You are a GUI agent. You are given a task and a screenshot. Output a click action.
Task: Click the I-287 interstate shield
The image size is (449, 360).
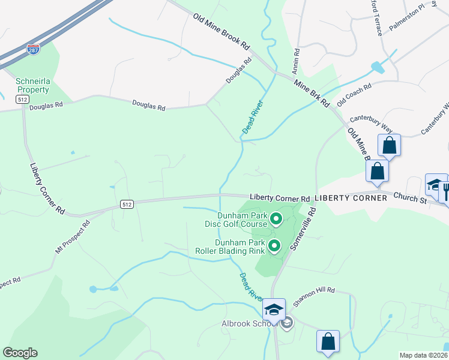click(x=34, y=50)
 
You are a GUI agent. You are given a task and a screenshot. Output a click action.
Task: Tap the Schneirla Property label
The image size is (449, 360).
click(x=32, y=85)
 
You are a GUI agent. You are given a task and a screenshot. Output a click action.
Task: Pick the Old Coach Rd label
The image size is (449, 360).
click(x=354, y=95)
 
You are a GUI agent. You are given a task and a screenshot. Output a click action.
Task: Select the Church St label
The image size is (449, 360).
click(x=411, y=197)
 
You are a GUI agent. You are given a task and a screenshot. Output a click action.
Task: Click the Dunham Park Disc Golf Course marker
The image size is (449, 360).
click(x=276, y=219)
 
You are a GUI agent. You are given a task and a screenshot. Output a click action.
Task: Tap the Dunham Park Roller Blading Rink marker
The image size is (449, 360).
click(x=274, y=245)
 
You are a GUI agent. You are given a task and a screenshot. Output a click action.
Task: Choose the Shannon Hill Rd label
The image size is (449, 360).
click(x=315, y=290)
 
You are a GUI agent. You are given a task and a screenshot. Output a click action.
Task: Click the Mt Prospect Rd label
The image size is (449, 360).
click(x=73, y=236)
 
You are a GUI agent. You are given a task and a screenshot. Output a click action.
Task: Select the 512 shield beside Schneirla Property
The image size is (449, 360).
click(x=23, y=99)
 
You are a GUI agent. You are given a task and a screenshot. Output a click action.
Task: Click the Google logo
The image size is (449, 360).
click(x=20, y=353)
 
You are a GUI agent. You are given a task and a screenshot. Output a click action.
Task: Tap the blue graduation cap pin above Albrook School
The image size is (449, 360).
click(x=274, y=310)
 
